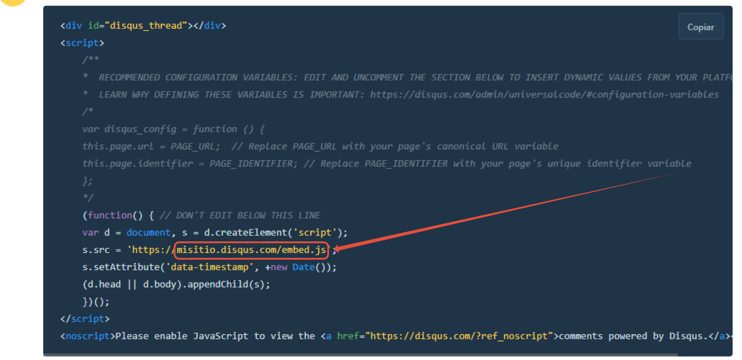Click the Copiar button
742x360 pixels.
click(700, 27)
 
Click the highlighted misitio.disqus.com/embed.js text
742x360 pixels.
click(251, 250)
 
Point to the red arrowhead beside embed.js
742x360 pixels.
click(337, 249)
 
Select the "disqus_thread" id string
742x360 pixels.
click(146, 26)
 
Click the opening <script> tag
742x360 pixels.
click(82, 43)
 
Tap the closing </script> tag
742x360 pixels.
click(85, 319)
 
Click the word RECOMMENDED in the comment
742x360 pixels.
click(129, 77)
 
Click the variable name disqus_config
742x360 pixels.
click(140, 129)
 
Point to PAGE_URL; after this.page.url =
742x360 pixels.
click(195, 147)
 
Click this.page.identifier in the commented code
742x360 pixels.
click(137, 164)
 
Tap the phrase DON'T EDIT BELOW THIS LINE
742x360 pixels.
click(248, 215)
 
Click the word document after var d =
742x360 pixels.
click(148, 233)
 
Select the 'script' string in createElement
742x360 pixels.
click(315, 233)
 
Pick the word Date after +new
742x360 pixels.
click(303, 267)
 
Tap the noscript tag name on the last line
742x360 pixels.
click(88, 336)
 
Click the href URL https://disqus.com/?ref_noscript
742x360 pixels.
click(459, 336)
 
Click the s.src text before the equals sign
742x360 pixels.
click(96, 250)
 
